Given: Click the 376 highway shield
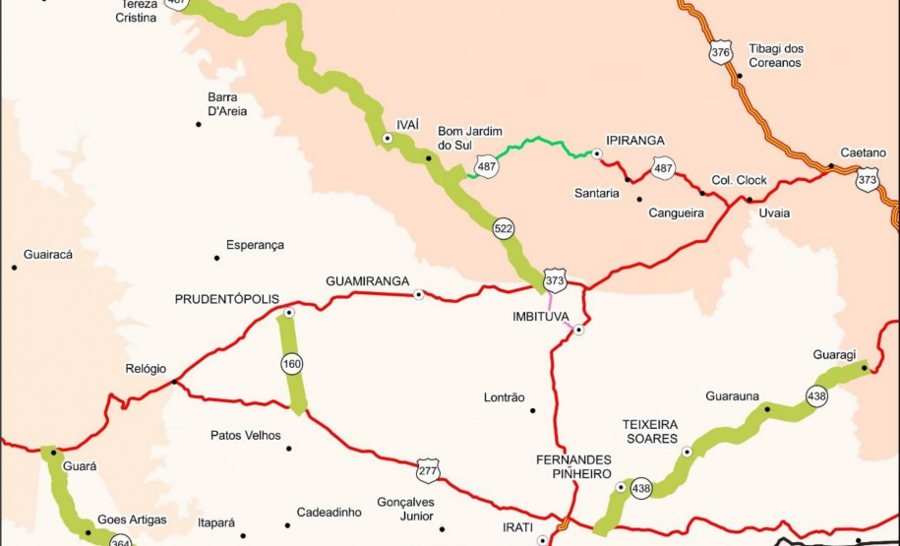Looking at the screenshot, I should [721, 53].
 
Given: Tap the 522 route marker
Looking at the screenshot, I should [504, 229].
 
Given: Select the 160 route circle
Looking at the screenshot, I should [292, 364].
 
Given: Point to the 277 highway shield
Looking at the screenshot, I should [426, 470].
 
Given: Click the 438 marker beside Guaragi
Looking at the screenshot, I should [816, 395].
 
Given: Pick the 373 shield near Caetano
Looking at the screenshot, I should [867, 180].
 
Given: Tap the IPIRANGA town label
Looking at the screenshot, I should [635, 141].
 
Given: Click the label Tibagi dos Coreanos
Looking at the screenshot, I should [776, 55].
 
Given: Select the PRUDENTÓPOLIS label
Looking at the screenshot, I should [227, 299].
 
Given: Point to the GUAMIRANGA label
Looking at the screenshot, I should [367, 281].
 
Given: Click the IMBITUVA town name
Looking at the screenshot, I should [542, 316].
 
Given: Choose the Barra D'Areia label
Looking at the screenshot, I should [227, 104].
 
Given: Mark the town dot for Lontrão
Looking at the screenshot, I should [533, 410].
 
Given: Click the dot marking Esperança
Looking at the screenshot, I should [216, 258].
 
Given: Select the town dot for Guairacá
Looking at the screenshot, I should [14, 267].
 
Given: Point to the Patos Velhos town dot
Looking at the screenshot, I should [289, 449].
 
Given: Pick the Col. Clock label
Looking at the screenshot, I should [739, 181].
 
